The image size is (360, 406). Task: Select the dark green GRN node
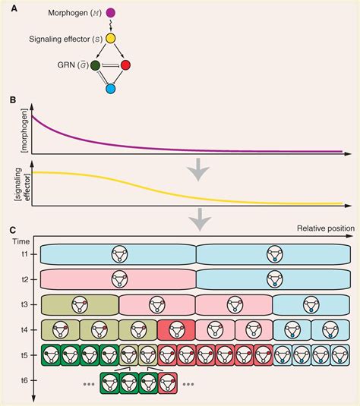click(96, 66)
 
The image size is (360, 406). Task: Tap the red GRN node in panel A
click(125, 66)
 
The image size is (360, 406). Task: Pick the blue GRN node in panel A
click(111, 90)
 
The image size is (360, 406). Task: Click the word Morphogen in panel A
click(71, 13)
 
